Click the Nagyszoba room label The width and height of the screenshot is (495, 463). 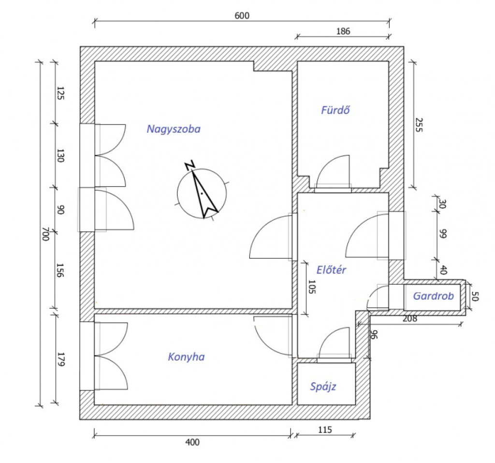pyautogui.click(x=174, y=129)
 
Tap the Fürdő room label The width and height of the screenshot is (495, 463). pyautogui.click(x=335, y=110)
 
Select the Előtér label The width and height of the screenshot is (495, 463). pyautogui.click(x=332, y=270)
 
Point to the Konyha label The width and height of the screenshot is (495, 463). pyautogui.click(x=186, y=357)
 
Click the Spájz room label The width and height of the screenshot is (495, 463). pyautogui.click(x=323, y=387)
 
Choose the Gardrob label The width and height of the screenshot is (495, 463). pyautogui.click(x=434, y=296)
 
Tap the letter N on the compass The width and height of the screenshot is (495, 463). pyautogui.click(x=190, y=165)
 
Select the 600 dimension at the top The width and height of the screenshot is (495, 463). pyautogui.click(x=242, y=15)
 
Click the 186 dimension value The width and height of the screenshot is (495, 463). pyautogui.click(x=342, y=31)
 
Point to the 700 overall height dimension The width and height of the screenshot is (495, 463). pyautogui.click(x=45, y=236)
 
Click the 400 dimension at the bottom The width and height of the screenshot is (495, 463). pyautogui.click(x=192, y=442)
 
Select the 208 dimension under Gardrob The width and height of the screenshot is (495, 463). pyautogui.click(x=409, y=319)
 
